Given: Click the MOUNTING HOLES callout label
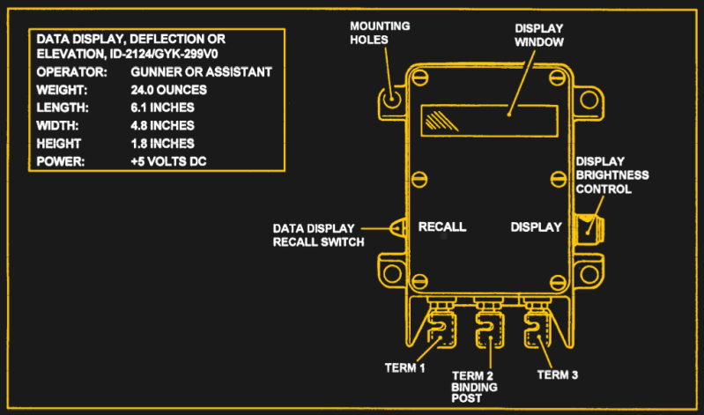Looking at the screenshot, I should tap(380, 33).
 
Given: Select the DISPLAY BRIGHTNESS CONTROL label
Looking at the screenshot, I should tap(612, 175).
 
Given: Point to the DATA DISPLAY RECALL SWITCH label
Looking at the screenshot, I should tap(318, 235).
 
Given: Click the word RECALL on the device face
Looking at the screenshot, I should tap(442, 226).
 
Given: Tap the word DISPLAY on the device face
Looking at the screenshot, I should tap(536, 226).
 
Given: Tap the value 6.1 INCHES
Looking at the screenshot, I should tap(162, 107).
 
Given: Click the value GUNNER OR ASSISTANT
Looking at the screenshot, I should tap(201, 71).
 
